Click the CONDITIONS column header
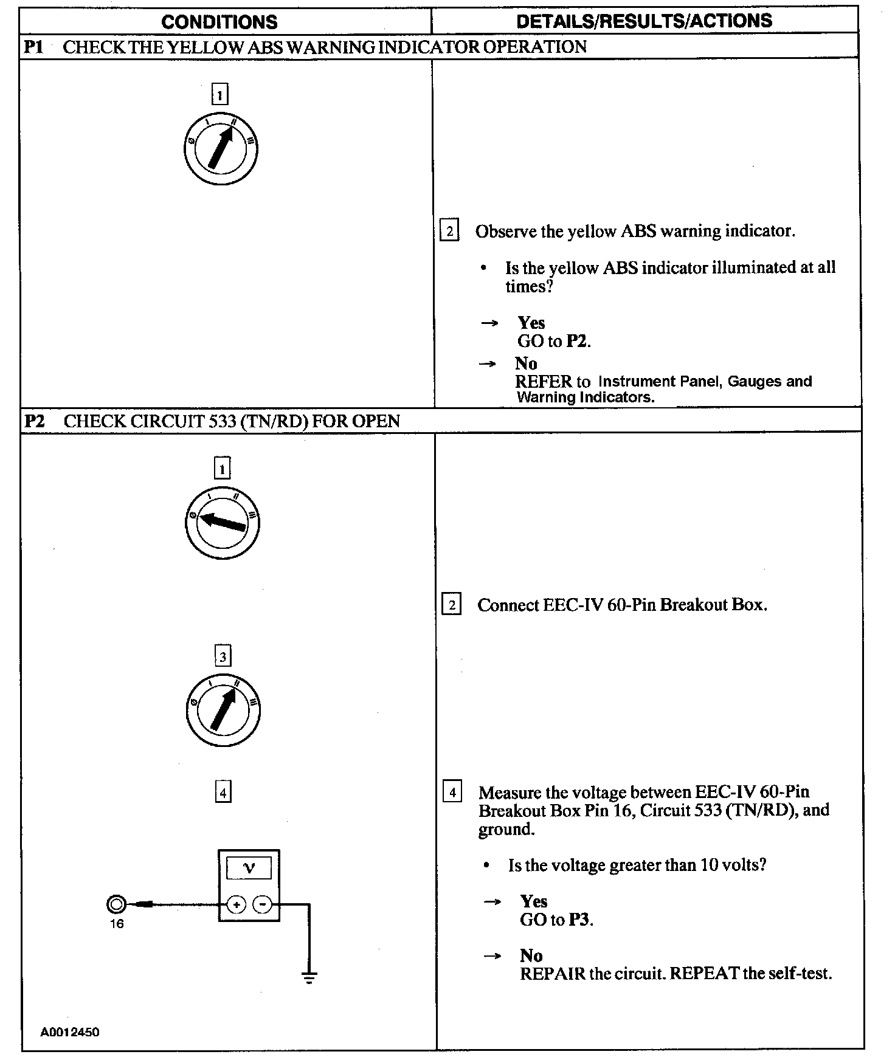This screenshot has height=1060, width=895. point(219,22)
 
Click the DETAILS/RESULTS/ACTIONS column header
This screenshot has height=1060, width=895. point(644,21)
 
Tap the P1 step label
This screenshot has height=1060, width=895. point(33,47)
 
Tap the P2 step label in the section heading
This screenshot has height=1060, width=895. point(35,421)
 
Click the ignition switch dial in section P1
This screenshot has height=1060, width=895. point(221,149)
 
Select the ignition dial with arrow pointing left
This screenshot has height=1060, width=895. point(223,523)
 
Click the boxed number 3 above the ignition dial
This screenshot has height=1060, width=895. point(223,656)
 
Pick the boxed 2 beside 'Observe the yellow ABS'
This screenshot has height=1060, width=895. point(449,231)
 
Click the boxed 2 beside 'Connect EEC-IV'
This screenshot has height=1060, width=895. point(451,605)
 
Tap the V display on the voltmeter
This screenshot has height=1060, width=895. point(249,868)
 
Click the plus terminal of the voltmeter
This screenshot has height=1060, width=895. point(236,905)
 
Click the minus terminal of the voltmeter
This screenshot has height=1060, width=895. point(263,905)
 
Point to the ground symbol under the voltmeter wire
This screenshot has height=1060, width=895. point(309,977)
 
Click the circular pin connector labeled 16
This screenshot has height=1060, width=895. point(116,905)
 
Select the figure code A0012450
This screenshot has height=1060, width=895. point(70,1032)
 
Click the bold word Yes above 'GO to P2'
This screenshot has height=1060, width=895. point(531,323)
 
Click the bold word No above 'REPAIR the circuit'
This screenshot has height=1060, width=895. point(531,955)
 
